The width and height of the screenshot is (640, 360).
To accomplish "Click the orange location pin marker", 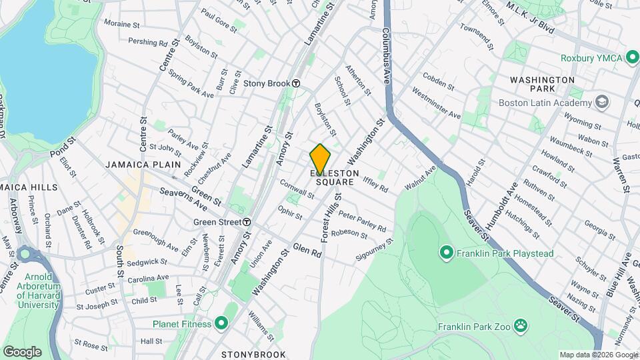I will (320, 159).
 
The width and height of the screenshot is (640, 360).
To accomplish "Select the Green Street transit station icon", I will (247, 222).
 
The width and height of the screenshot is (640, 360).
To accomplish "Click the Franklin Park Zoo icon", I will (520, 327).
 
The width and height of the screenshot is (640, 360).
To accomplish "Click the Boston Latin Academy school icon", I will (603, 103).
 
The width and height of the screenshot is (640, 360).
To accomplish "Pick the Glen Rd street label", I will (307, 249).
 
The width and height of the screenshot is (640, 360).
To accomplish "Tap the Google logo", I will (22, 351).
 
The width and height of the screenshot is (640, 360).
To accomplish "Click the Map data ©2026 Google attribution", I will (598, 355).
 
